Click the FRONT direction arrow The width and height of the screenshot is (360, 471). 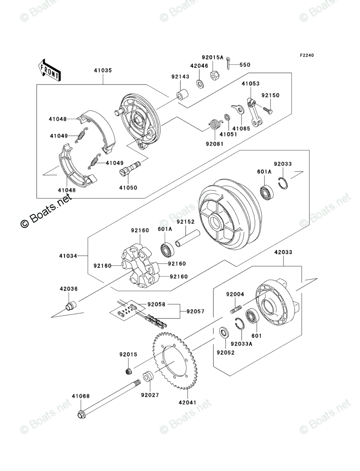click(49, 69)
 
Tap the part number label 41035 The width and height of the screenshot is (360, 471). click(103, 70)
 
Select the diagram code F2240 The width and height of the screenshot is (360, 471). click(306, 55)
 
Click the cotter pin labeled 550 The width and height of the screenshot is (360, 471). click(228, 63)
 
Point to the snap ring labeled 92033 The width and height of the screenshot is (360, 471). click(284, 183)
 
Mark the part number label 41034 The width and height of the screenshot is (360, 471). click(68, 256)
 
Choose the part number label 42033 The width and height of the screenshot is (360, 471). click(283, 252)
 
